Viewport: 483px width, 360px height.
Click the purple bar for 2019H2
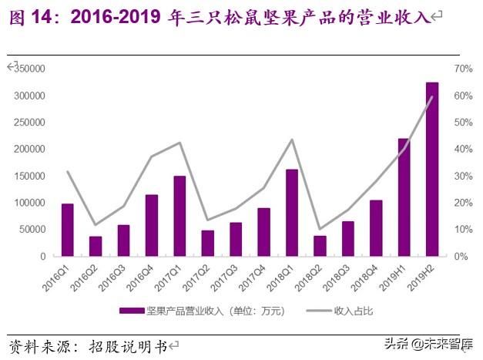point(432,169)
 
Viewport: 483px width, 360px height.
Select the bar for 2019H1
point(404,197)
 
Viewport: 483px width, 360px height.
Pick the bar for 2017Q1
point(179,216)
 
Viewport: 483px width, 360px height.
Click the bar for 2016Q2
point(96,246)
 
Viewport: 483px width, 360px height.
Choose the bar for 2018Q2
point(320,246)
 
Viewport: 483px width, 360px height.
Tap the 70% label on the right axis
point(462,69)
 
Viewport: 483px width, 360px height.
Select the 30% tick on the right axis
point(462,176)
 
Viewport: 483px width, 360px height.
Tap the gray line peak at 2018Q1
point(292,140)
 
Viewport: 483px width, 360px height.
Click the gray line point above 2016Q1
point(68,171)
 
